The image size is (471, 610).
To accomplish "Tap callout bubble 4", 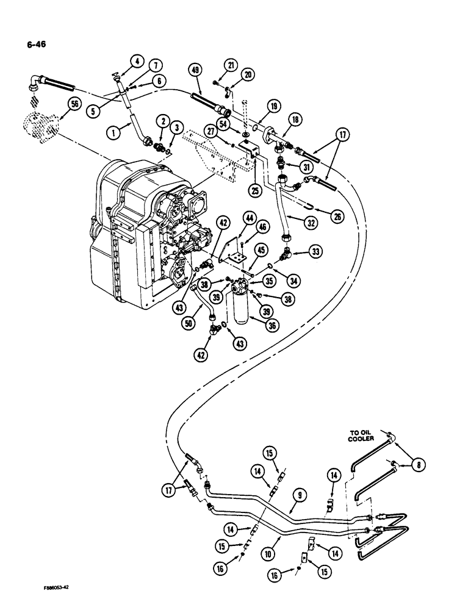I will click(x=137, y=60).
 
